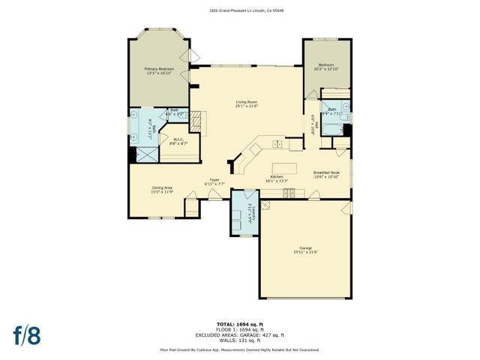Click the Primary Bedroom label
[x=158, y=69]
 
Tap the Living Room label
[x=247, y=101]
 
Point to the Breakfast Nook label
[x=327, y=172]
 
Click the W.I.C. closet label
[x=178, y=139]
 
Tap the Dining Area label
[x=163, y=187]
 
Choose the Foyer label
[x=214, y=179]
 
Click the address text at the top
[x=240, y=10]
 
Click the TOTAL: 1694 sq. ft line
[x=240, y=324]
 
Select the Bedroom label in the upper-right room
[x=325, y=65]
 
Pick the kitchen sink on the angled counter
[x=277, y=143]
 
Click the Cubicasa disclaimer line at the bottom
[x=240, y=349]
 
